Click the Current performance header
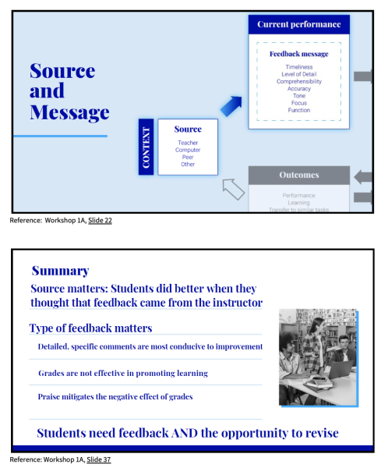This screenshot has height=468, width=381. coord(298,24)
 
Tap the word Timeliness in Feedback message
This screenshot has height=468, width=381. coord(299,67)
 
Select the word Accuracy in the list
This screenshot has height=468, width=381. coord(299,89)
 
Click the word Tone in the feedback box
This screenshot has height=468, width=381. coord(299,96)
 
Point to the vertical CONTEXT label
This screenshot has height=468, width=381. coord(146,147)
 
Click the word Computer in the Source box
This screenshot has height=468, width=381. coord(188,150)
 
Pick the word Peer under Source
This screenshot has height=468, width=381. coord(188,157)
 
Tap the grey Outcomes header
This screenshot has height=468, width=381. coord(299,175)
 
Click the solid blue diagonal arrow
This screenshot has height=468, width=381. coord(231,106)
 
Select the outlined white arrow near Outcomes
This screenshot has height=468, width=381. coord(234,190)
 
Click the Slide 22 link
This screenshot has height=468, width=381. coord(100,221)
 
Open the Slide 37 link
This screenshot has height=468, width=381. coord(99,459)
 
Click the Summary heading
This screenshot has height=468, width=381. coord(61,271)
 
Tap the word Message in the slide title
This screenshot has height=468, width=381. coord(69,112)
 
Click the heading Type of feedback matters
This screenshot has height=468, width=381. coord(90,328)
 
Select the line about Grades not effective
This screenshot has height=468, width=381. coord(123,373)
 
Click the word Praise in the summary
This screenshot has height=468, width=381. coord(48,397)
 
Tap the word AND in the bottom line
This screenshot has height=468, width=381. coord(184,433)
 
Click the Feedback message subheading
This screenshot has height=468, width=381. coord(299,54)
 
